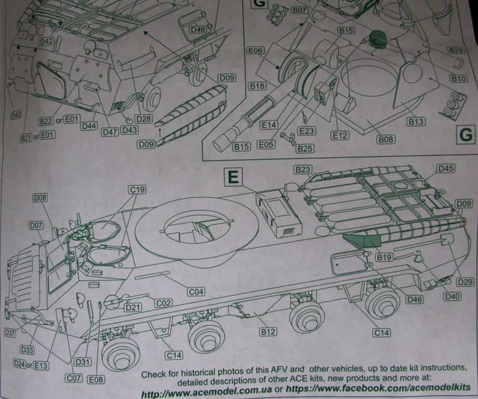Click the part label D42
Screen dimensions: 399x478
[46, 41]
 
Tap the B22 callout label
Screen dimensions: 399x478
[46, 121]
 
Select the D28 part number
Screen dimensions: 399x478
[144, 119]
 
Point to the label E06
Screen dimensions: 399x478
[256, 51]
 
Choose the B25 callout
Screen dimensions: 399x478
[305, 149]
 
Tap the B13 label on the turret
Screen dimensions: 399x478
[415, 122]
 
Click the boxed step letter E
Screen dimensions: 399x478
[234, 178]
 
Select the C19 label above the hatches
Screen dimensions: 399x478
[138, 190]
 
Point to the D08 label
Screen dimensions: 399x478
[40, 197]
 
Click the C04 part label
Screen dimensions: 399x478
[196, 292]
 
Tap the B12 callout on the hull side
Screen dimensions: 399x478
[268, 331]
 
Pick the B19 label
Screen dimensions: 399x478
[384, 257]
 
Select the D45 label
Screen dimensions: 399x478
[446, 168]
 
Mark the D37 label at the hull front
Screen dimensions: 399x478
[10, 332]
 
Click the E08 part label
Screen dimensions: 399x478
[95, 379]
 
